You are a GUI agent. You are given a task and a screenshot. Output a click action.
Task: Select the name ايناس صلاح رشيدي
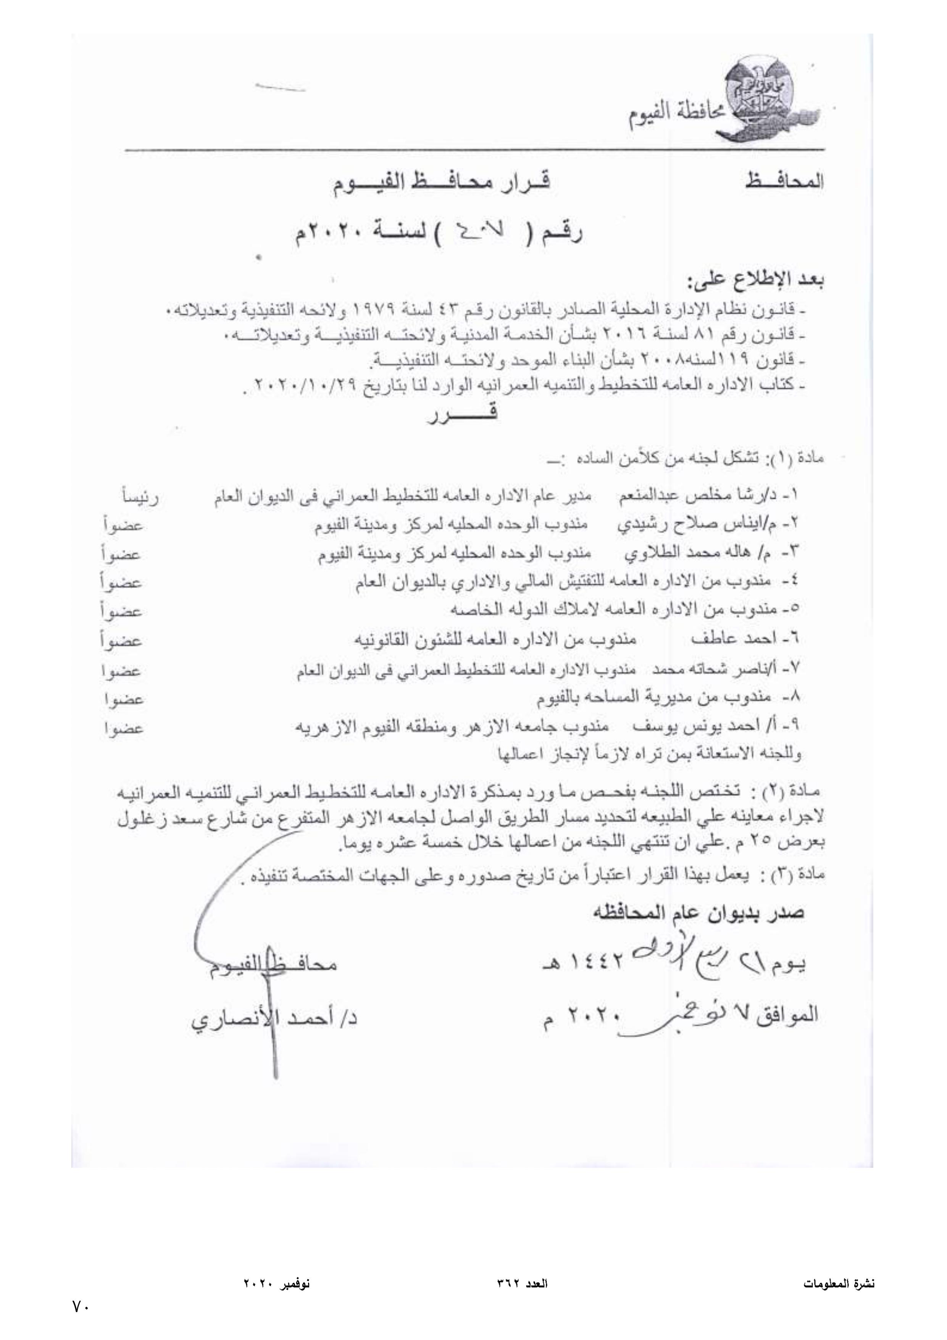coord(699,525)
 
